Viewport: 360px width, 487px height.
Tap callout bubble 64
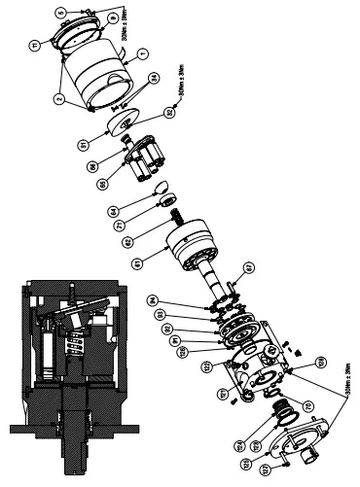coord(140,209)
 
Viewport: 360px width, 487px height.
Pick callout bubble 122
coord(207,365)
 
